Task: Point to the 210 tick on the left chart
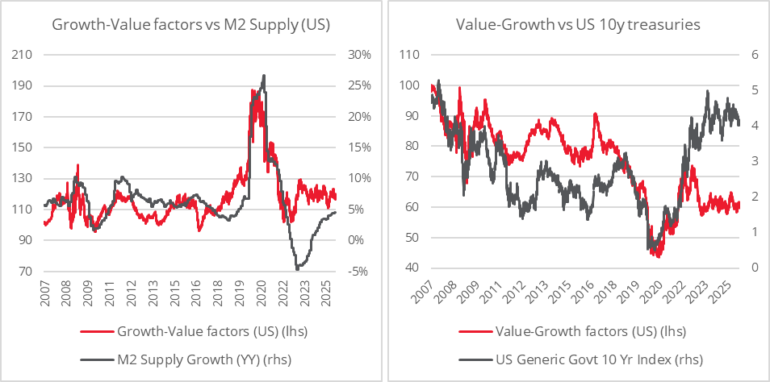tap(23, 55)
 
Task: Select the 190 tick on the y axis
tap(23, 86)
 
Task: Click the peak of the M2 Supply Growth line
tap(264, 75)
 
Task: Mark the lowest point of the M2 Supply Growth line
tap(297, 268)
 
